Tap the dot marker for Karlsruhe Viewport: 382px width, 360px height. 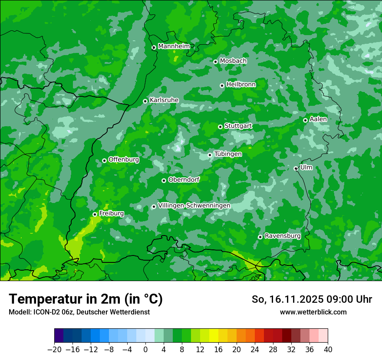point(145,101)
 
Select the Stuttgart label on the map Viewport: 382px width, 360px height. point(238,126)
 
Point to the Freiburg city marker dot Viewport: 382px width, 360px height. point(95,214)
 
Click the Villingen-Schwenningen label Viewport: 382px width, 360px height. point(194,206)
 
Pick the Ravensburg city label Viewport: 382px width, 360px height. point(282,236)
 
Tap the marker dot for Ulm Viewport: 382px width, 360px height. point(296,168)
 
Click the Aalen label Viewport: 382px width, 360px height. point(318,119)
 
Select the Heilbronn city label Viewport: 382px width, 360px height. point(241,85)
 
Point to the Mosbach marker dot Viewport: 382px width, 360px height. point(215,62)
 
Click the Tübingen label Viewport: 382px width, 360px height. point(228,154)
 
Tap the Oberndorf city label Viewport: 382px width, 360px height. point(184,180)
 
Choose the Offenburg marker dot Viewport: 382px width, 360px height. point(104,160)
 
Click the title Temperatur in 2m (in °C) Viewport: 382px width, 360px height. point(86,299)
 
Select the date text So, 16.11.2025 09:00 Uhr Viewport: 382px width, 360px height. point(312,299)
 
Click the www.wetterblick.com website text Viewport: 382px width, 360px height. point(313,312)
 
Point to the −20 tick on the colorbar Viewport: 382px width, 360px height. point(54,350)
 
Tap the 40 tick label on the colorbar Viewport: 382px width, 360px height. point(328,350)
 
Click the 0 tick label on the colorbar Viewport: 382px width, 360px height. point(145,350)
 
